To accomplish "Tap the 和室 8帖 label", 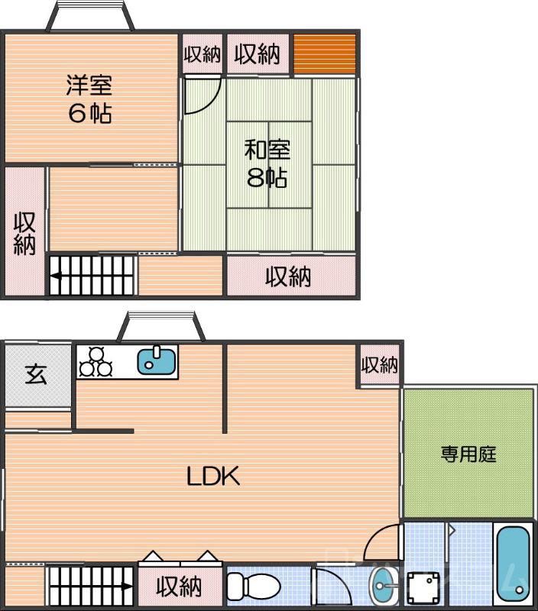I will point(267,163).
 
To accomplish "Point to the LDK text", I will point(214,477).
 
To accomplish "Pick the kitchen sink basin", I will point(157,360).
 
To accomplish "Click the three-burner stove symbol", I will point(96,361).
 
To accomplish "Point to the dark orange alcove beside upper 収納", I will point(325,54).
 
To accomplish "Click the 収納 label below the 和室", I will point(288,276).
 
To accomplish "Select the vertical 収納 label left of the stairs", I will point(25,233).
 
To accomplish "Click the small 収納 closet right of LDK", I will point(380,365).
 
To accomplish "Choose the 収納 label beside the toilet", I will point(180,587).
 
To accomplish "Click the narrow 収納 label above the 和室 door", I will point(202,54).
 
